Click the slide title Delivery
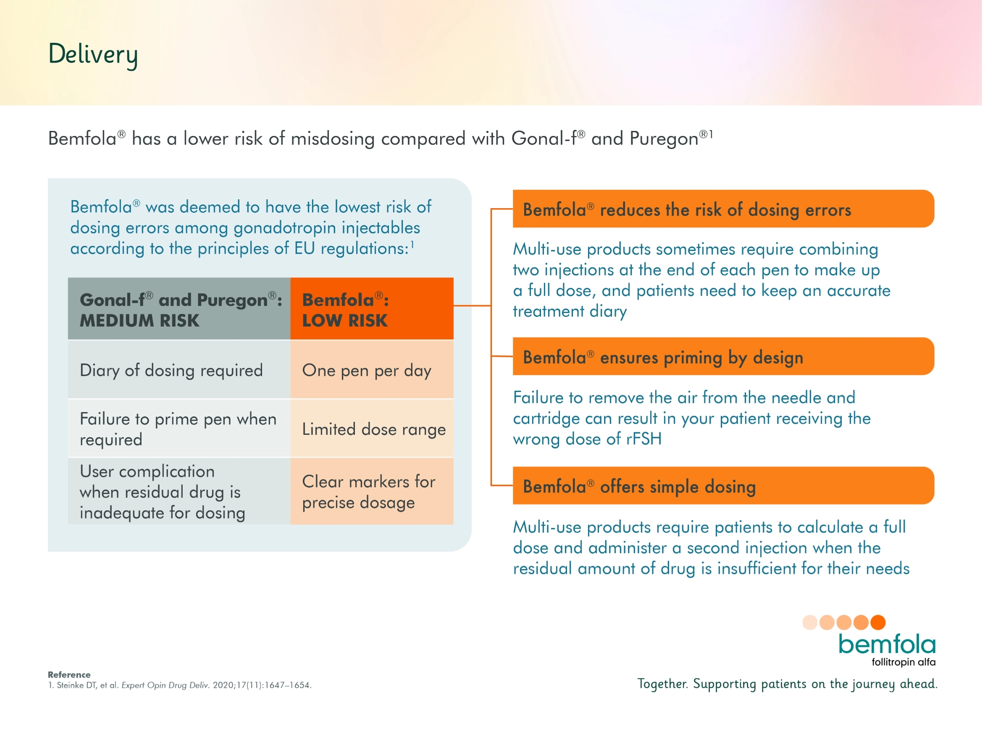click(93, 55)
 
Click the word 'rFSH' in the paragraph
click(644, 439)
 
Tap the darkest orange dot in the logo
click(878, 622)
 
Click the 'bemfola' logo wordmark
click(887, 644)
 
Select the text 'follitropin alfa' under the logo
click(903, 662)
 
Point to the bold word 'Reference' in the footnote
click(69, 674)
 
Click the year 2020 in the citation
click(223, 685)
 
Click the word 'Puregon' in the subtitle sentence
click(664, 138)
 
